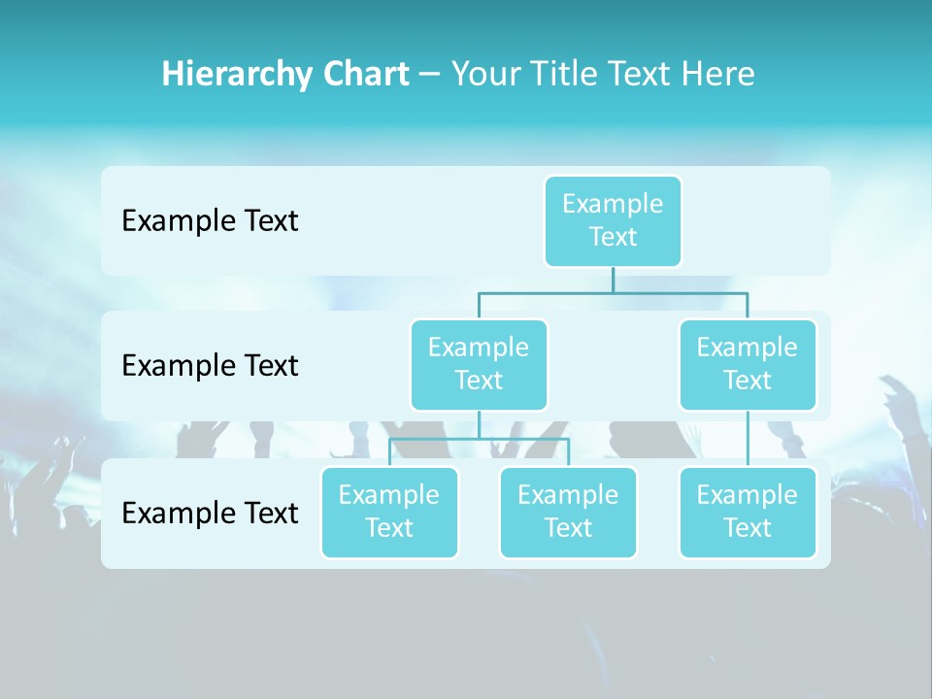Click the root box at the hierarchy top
[x=613, y=220]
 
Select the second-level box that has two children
[x=479, y=364]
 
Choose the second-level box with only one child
[x=748, y=364]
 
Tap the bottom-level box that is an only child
[x=748, y=512]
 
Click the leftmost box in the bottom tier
[x=389, y=512]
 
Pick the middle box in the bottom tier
[x=568, y=512]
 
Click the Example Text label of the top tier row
[x=210, y=220]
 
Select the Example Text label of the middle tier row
[x=210, y=365]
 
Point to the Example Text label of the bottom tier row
[x=210, y=513]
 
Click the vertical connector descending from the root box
[x=613, y=280]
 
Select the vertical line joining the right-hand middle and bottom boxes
[x=748, y=439]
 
